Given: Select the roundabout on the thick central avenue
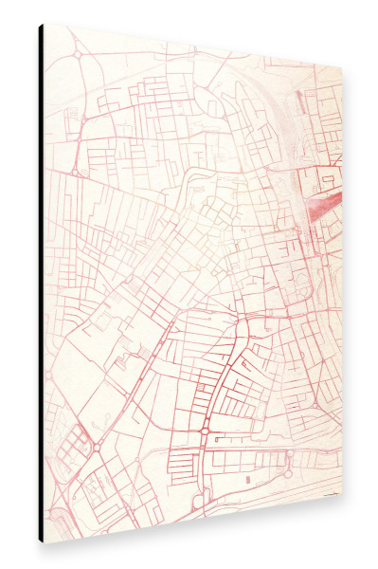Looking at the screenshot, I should pyautogui.click(x=204, y=431).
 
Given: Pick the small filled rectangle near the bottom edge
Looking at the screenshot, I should pyautogui.click(x=250, y=481).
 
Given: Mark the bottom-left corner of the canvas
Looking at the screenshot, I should pyautogui.click(x=45, y=541).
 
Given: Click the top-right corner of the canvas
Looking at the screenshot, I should pyautogui.click(x=341, y=67).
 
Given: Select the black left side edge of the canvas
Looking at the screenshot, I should pyautogui.click(x=42, y=284).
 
